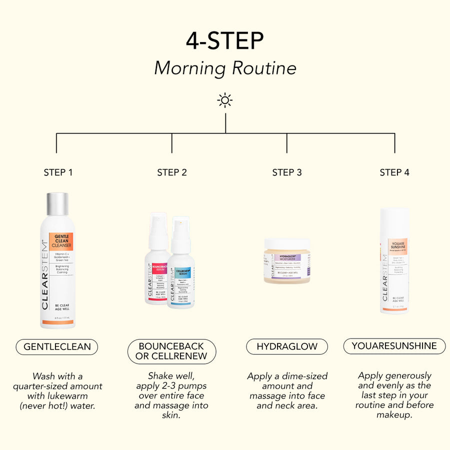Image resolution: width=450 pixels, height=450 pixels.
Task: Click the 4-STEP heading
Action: click(x=224, y=41)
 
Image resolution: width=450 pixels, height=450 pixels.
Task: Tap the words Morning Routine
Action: click(x=225, y=68)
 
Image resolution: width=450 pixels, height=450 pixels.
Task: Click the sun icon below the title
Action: click(x=225, y=100)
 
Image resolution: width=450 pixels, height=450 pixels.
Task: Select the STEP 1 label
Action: click(x=58, y=172)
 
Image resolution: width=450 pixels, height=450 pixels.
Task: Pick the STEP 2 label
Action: click(x=171, y=172)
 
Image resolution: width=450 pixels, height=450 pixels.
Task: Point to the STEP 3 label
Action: click(x=286, y=172)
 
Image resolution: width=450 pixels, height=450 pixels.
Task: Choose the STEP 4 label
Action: click(x=394, y=172)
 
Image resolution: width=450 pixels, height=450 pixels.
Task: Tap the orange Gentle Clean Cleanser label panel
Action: click(x=61, y=242)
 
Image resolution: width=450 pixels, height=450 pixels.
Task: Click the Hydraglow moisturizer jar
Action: click(x=287, y=261)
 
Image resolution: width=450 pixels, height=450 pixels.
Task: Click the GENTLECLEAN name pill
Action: click(x=57, y=346)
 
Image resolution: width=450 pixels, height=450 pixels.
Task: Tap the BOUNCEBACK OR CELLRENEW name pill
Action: click(x=171, y=351)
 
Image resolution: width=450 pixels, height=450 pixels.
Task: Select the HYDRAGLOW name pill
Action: click(x=287, y=346)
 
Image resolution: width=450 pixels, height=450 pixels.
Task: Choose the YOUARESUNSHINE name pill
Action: click(x=394, y=346)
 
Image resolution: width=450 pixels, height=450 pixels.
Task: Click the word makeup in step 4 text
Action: click(x=394, y=415)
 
